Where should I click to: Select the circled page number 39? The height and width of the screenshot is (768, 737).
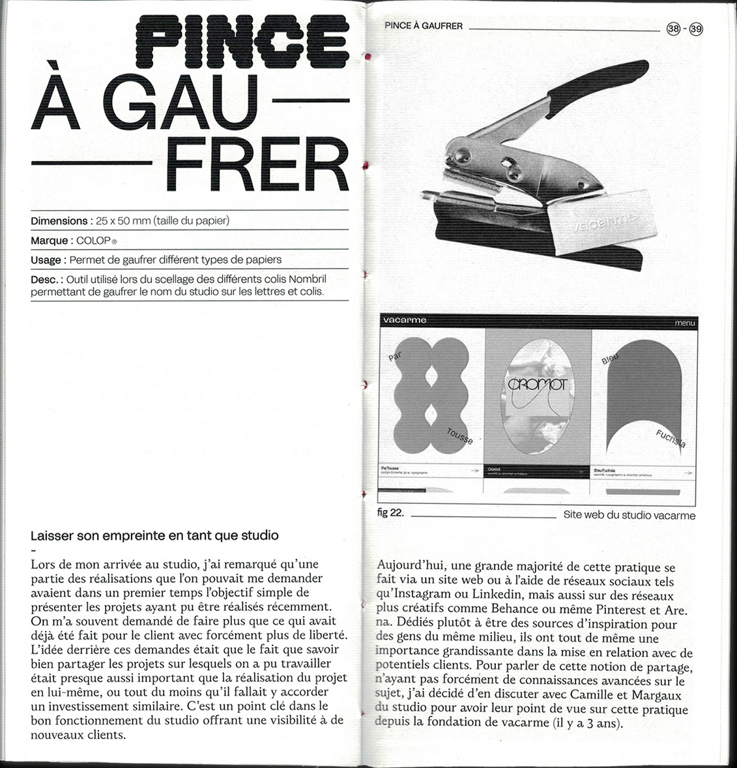(x=696, y=29)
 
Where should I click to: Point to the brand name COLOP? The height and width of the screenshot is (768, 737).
(x=93, y=241)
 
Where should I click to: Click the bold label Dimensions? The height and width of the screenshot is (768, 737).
(x=59, y=221)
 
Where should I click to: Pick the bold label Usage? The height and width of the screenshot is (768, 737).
(x=46, y=259)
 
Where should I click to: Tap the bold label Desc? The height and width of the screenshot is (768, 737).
(x=45, y=279)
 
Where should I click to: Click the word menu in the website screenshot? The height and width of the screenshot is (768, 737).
(x=684, y=323)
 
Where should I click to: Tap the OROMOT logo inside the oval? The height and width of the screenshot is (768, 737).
(x=538, y=385)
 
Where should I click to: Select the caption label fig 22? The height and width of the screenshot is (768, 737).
(x=390, y=512)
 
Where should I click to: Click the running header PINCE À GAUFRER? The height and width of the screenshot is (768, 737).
(x=424, y=26)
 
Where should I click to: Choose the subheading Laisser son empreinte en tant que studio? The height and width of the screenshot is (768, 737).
(x=154, y=536)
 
